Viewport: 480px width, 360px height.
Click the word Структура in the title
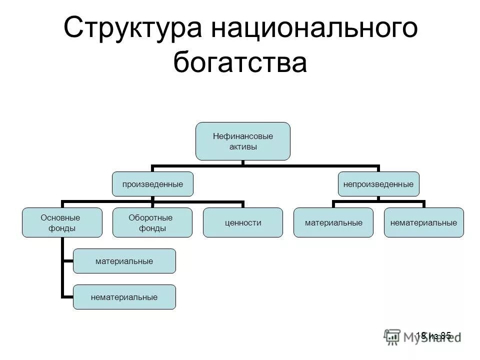point(132,29)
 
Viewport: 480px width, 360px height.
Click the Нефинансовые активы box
point(242,141)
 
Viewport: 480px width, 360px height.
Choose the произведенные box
point(152,184)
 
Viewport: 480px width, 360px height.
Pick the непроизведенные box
point(378,184)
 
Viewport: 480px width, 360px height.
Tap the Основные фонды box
point(62,222)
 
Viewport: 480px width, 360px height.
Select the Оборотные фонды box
point(152,222)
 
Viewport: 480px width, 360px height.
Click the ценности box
point(242,222)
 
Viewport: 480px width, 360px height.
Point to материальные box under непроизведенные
point(333,222)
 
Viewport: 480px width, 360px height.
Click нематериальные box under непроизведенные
point(424,222)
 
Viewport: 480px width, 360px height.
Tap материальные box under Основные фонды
point(124,261)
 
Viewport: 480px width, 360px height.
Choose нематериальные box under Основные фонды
point(124,297)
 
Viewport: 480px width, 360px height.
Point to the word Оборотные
point(150,217)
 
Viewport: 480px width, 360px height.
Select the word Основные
point(60,217)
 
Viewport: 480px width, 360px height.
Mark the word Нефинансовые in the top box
point(243,135)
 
